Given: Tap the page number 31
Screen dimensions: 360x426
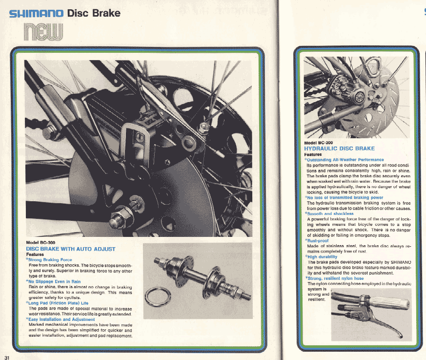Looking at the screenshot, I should coord(6,354).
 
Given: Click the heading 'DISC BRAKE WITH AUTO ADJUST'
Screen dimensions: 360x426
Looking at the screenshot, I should coord(70,249).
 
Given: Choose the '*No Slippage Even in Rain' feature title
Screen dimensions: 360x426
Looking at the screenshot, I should coord(53,282).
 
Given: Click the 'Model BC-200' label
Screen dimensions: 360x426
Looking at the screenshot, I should coord(318,143).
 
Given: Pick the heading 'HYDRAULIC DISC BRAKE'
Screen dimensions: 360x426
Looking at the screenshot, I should coord(340,148).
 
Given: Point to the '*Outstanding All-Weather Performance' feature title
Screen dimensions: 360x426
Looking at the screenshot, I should coord(344,159).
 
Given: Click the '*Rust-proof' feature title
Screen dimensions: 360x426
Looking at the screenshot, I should coord(317,241).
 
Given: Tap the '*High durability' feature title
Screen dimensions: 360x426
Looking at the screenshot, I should coord(321,256).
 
